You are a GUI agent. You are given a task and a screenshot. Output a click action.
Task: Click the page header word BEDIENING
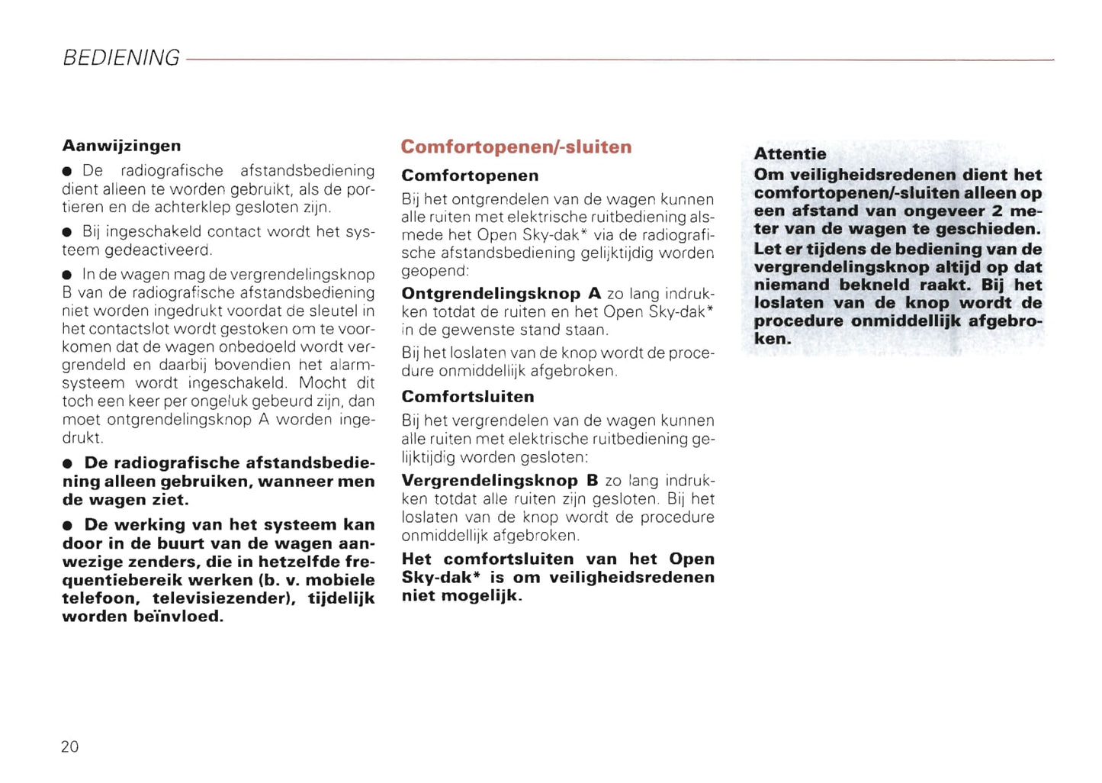pos(120,58)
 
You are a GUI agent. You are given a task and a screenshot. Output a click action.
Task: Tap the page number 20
pos(69,746)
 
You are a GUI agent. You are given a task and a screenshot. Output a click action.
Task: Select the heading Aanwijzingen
pos(121,146)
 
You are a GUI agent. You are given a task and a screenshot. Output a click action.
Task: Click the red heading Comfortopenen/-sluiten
pos(516,147)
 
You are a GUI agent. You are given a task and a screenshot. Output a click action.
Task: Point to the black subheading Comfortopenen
pos(470,176)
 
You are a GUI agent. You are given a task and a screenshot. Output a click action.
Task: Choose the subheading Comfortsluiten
pos(467,397)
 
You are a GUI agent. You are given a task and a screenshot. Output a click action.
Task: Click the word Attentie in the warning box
pos(789,153)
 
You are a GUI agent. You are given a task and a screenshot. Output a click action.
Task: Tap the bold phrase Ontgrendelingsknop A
pos(501,294)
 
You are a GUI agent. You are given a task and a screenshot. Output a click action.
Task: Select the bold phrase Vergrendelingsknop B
pos(500,481)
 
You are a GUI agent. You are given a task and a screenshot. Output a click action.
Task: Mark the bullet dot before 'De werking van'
pos(68,526)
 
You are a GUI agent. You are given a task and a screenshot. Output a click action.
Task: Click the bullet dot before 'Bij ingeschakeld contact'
pos(68,232)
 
